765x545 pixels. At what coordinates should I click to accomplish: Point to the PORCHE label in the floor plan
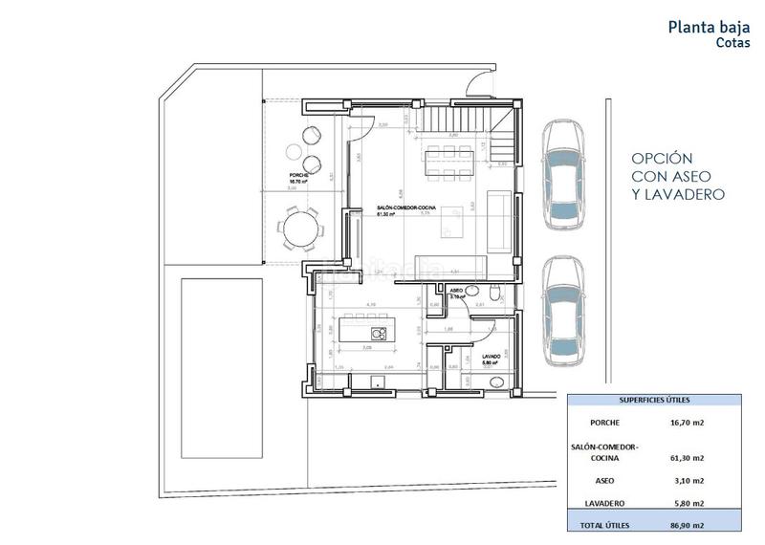point(299,176)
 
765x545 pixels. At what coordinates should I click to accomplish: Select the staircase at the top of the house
point(467,123)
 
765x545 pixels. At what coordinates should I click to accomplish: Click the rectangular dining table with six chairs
point(447,162)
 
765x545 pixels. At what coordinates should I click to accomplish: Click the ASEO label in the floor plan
point(456,290)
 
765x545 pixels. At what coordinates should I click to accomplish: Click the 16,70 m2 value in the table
point(687,422)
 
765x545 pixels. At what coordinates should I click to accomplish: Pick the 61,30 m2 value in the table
point(687,458)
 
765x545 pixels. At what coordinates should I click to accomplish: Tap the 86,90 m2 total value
point(687,525)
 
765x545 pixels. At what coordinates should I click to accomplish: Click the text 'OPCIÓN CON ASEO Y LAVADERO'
point(677,176)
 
